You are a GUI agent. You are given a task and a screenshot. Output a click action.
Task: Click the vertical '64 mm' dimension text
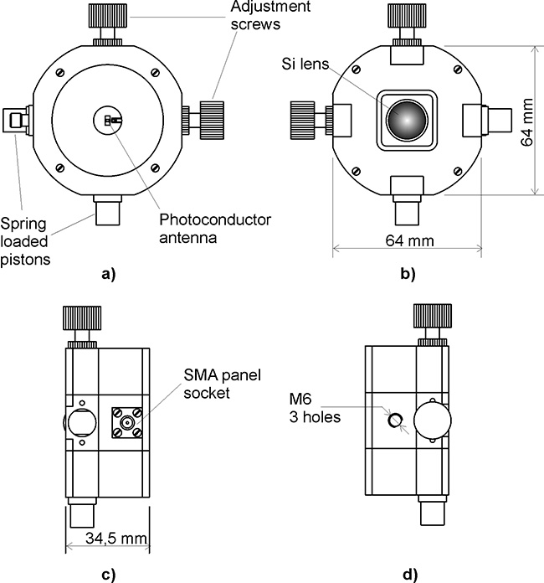(528, 120)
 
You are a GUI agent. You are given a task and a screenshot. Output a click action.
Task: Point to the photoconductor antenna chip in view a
(110, 121)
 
